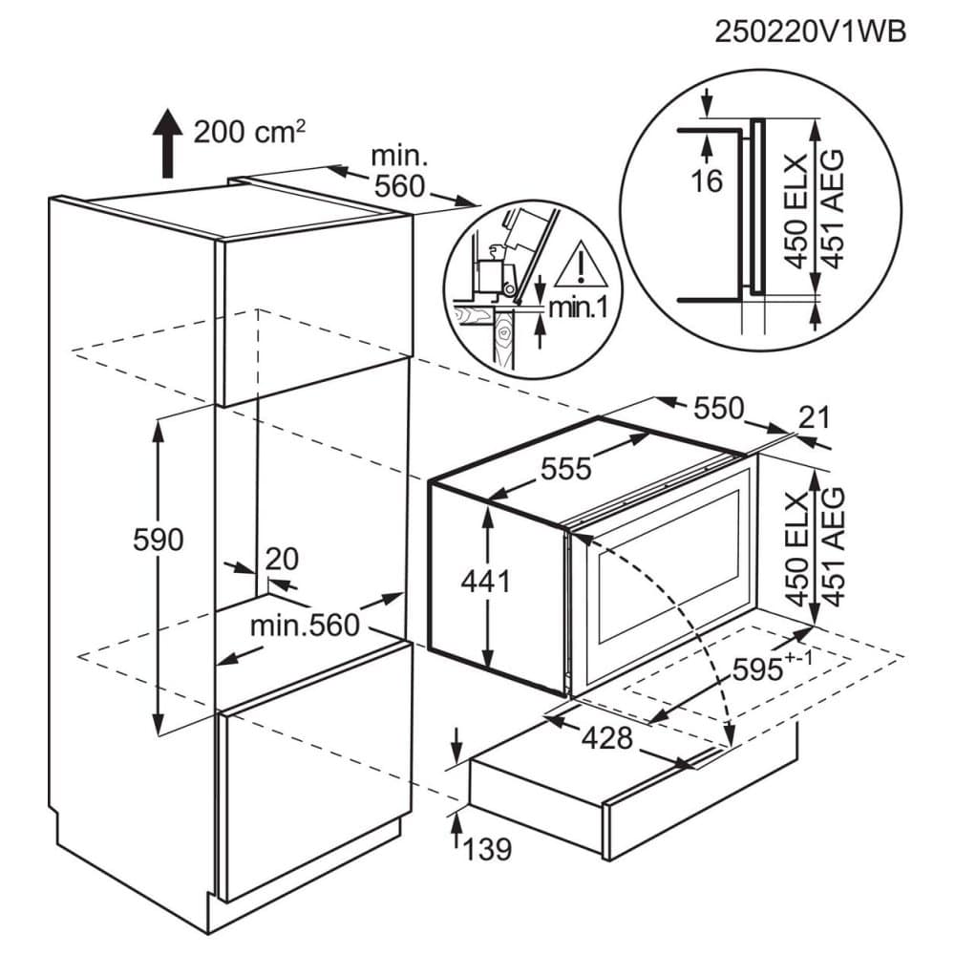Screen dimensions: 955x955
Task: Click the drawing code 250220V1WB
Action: (810, 32)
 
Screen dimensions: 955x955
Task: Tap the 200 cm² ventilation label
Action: (249, 132)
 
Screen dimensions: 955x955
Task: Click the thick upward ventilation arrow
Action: (167, 144)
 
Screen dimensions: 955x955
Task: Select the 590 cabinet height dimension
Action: (159, 541)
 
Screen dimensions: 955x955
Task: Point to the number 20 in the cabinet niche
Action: (283, 559)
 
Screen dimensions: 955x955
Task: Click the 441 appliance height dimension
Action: (485, 582)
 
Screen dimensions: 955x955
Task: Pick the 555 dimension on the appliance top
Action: (566, 469)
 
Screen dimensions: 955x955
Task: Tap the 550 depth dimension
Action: (719, 408)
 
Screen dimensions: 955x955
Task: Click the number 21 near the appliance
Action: (814, 418)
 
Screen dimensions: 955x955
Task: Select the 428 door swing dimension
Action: (607, 739)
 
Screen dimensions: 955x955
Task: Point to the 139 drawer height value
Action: (487, 849)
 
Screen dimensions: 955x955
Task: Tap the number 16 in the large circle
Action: (707, 180)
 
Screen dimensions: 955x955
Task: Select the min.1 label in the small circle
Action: (578, 308)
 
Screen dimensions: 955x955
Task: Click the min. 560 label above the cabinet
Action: (399, 172)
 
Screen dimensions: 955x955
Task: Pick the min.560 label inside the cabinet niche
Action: (306, 625)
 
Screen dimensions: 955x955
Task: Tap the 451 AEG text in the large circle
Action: (833, 208)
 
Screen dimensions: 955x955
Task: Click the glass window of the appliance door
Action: (668, 565)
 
